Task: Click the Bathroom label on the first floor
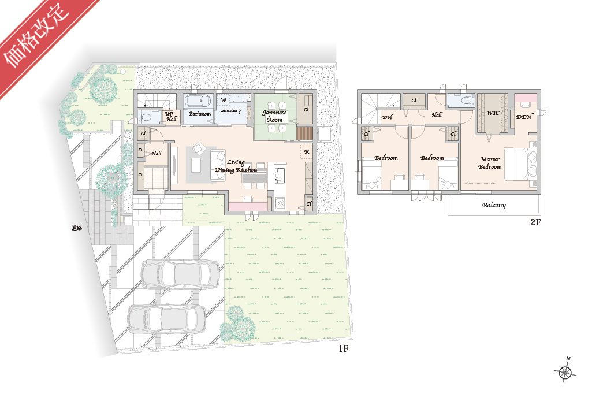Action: [200, 114]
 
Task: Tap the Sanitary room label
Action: [230, 111]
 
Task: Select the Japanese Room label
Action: [274, 116]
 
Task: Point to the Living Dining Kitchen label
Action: [236, 166]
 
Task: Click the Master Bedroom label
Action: [490, 163]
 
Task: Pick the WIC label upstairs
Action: [493, 113]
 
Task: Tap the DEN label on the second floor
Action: [524, 117]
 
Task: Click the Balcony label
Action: [494, 205]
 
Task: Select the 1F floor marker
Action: [343, 349]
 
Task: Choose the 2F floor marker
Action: [535, 222]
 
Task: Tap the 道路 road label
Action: [77, 228]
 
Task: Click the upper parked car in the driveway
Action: [180, 274]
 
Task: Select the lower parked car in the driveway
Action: [167, 319]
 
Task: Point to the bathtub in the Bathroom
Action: [198, 101]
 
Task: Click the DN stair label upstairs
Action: [388, 117]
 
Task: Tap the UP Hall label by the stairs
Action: [170, 116]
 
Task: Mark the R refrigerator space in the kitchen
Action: [307, 151]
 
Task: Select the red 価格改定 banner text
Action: [36, 36]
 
